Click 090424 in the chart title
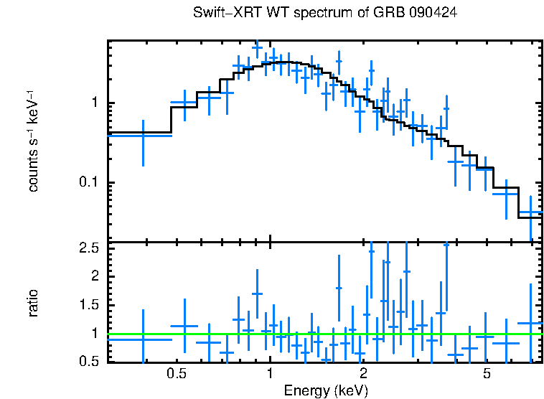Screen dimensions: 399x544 pos(433,14)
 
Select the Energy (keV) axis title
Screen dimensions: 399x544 pos(326,390)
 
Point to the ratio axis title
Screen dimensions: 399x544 pos(32,303)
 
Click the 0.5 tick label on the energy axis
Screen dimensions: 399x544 pos(177,375)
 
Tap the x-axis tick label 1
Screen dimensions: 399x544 pos(270,375)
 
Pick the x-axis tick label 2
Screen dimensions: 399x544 pos(364,375)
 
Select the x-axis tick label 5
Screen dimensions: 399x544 pos(487,375)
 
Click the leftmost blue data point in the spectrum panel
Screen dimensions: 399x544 pos(143,135)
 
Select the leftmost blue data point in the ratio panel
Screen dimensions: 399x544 pos(143,338)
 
